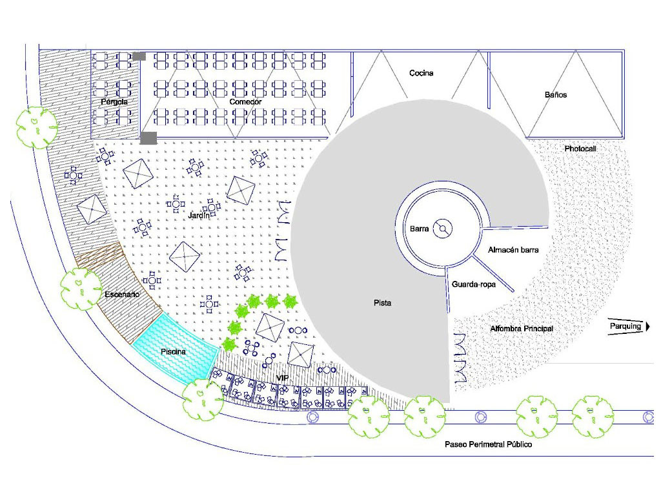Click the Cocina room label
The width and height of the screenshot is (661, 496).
(x=421, y=73)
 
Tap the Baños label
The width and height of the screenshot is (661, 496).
(x=555, y=94)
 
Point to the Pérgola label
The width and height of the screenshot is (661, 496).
(x=114, y=102)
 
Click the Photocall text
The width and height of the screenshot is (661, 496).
(x=580, y=149)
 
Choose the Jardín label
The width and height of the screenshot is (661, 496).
(x=199, y=216)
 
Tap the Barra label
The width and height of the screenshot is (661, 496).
(x=420, y=229)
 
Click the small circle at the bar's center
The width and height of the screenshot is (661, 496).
(x=443, y=228)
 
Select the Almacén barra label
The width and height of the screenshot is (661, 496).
(x=513, y=249)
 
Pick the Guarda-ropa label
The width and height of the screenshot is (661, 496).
(x=474, y=284)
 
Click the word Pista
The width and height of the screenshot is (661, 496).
(x=383, y=302)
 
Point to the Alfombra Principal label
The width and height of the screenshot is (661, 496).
(x=522, y=329)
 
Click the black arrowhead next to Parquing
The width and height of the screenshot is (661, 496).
(x=648, y=326)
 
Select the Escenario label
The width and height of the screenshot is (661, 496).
(x=122, y=294)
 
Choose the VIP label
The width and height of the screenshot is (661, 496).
(x=282, y=377)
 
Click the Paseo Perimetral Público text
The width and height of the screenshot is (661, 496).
(x=489, y=444)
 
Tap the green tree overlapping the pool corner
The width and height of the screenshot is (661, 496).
(x=203, y=399)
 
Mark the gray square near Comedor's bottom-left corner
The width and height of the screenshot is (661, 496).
(x=148, y=138)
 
